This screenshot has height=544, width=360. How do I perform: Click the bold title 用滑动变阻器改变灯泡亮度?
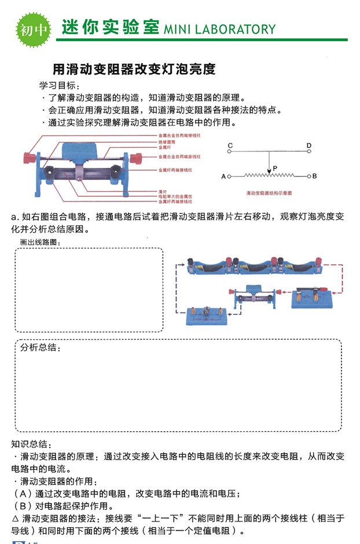coord(134,70)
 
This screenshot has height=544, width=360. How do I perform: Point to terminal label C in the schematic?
coord(230,145)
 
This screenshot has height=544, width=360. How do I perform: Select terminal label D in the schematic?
coord(309,145)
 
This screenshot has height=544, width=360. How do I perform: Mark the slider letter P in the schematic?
coord(275,168)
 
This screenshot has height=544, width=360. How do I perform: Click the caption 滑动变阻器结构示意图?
coord(269,191)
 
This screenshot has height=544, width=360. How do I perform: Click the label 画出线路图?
coord(39,242)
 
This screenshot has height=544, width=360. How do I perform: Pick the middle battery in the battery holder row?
coord(254,268)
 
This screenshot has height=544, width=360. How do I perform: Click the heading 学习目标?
coord(58,85)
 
